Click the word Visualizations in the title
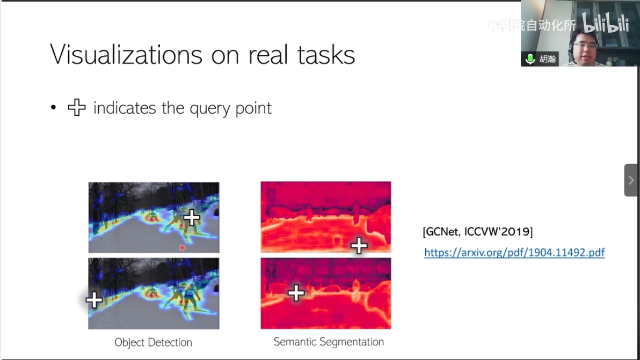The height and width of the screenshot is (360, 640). pyautogui.click(x=126, y=54)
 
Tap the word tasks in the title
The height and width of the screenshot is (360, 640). pyautogui.click(x=326, y=54)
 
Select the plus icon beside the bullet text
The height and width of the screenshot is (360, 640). pyautogui.click(x=77, y=108)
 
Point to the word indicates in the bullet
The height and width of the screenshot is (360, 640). pyautogui.click(x=125, y=108)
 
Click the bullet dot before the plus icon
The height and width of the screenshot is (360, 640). pyautogui.click(x=54, y=108)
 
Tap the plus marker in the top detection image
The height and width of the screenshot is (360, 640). pyautogui.click(x=192, y=218)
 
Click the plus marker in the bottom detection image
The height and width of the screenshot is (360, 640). pyautogui.click(x=94, y=300)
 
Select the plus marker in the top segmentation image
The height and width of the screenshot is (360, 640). pyautogui.click(x=359, y=245)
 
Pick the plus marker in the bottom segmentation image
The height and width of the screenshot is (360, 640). pyautogui.click(x=296, y=293)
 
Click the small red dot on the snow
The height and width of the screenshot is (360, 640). pyautogui.click(x=182, y=247)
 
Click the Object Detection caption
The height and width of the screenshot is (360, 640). pyautogui.click(x=153, y=342)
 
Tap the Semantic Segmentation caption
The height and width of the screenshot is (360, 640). pyautogui.click(x=329, y=342)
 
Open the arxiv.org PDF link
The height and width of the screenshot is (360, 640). pyautogui.click(x=514, y=253)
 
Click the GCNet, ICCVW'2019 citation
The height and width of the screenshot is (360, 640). pyautogui.click(x=477, y=232)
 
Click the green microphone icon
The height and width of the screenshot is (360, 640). pyautogui.click(x=530, y=59)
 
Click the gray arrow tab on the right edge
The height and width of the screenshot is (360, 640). pyautogui.click(x=631, y=180)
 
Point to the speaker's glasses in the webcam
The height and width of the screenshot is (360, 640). pyautogui.click(x=585, y=46)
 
